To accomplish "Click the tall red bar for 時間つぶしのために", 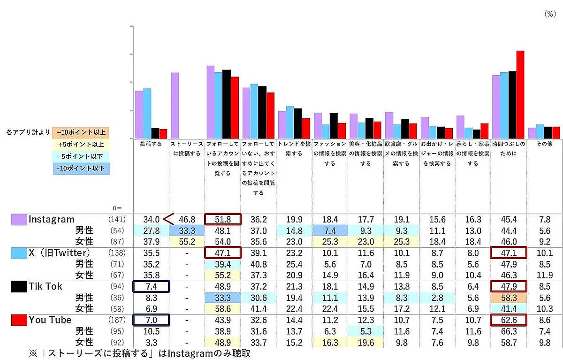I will pyautogui.click(x=520, y=94).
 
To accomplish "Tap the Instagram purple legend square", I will pyautogui.click(x=19, y=219).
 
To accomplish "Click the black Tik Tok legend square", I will pyautogui.click(x=19, y=287).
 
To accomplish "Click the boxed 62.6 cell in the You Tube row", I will pyautogui.click(x=509, y=320).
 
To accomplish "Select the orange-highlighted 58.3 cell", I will pyautogui.click(x=509, y=298).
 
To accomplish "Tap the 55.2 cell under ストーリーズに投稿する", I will pyautogui.click(x=187, y=242).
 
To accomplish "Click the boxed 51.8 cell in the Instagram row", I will pyautogui.click(x=222, y=219).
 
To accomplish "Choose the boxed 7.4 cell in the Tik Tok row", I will pyautogui.click(x=151, y=286).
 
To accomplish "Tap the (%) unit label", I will pyautogui.click(x=549, y=15).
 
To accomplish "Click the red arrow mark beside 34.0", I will pyautogui.click(x=168, y=219).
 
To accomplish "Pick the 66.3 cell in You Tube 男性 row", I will pyautogui.click(x=509, y=331).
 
